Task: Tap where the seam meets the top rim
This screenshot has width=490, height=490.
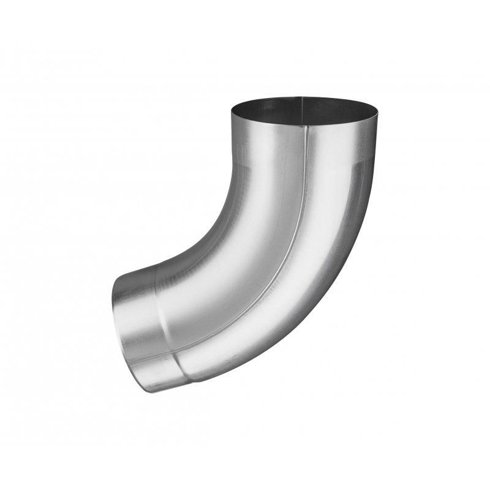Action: [x=304, y=126]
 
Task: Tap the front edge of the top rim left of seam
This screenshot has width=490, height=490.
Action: [x=263, y=124]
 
